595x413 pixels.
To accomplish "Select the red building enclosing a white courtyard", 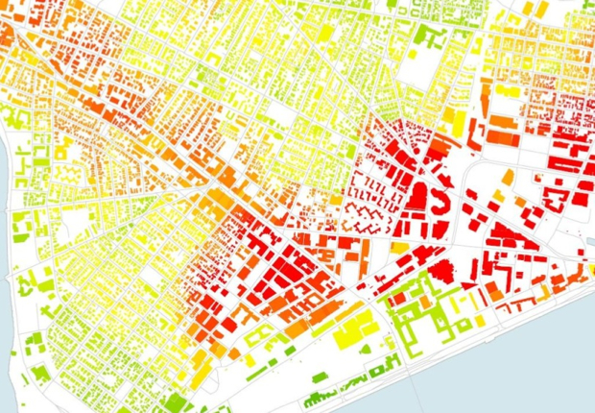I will click(x=554, y=198).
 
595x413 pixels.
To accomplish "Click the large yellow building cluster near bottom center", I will click(x=349, y=331).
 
